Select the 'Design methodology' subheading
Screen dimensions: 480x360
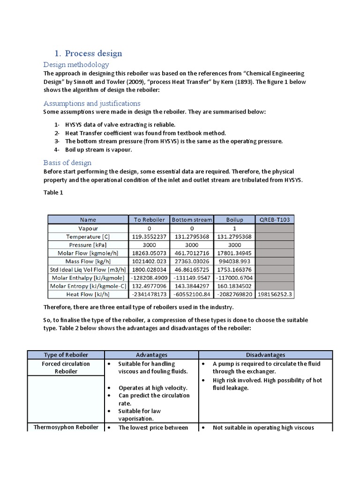76,64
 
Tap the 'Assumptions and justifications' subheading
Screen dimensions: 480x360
91,103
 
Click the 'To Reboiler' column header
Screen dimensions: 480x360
149,219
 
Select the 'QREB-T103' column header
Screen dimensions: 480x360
274,219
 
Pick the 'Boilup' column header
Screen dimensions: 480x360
234,219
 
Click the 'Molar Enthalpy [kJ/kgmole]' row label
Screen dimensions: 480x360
88,277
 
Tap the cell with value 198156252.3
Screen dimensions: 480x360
274,294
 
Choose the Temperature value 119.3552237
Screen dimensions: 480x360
149,236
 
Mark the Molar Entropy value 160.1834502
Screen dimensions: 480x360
234,286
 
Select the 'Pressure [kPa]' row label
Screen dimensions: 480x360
88,244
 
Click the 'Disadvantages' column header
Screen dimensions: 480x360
265,355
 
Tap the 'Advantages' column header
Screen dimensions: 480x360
151,355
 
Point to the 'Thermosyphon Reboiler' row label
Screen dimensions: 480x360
66,427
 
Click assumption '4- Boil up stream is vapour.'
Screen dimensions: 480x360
89,150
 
